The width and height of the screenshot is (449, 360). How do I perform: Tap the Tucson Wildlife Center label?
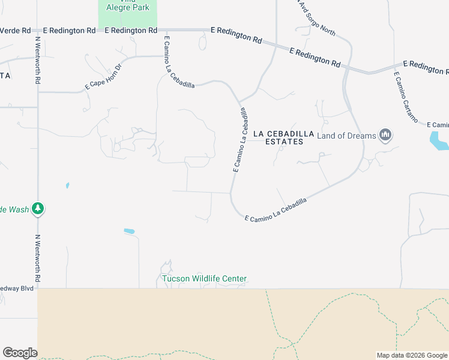(x=204, y=279)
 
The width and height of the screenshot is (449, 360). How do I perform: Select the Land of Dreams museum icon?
(x=386, y=136)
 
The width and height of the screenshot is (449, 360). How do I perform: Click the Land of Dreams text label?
(x=346, y=136)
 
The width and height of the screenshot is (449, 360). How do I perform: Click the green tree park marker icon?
(x=38, y=209)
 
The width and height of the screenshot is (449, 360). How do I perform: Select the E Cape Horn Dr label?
(x=103, y=77)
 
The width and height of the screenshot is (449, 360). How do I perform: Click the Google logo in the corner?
(x=19, y=353)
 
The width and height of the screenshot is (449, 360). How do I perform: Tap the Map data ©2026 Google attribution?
(x=412, y=355)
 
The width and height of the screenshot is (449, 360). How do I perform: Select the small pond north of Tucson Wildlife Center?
(x=129, y=231)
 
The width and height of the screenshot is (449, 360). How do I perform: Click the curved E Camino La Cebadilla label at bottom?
(x=276, y=210)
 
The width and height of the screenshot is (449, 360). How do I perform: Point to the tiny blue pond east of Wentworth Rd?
(x=67, y=185)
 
